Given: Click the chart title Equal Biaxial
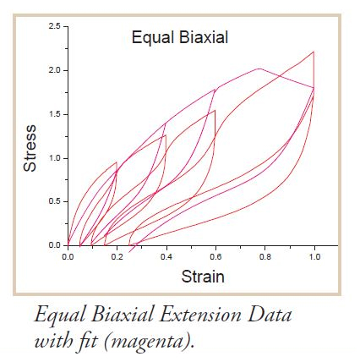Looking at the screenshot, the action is (x=180, y=38).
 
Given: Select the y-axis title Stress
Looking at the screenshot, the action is (x=30, y=148).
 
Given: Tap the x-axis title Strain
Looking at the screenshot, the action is (x=203, y=277).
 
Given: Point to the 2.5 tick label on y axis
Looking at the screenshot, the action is (x=55, y=26).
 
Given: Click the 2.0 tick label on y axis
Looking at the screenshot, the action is (x=55, y=70).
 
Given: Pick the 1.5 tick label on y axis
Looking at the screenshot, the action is (x=55, y=114).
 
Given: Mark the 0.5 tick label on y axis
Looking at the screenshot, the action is (x=55, y=202).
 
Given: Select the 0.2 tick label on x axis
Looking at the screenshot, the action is (x=117, y=257).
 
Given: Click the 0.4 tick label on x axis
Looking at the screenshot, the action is (x=166, y=257).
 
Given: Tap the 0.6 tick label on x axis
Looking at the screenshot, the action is (x=215, y=257).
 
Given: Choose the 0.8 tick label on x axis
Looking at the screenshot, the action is (x=265, y=257).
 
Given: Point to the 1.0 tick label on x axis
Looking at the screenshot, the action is (x=314, y=257).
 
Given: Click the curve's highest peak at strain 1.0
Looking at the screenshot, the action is (x=314, y=52).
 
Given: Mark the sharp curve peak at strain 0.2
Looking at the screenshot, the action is (x=117, y=162).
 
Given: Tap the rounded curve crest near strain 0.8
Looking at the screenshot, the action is (x=259, y=69).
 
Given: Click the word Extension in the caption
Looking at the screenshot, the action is (x=199, y=315).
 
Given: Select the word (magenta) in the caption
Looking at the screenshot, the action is (x=150, y=342).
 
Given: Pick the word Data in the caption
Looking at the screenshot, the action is (x=270, y=315).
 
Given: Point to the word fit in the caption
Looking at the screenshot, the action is (x=86, y=341).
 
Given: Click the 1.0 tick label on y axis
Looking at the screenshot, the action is (x=55, y=158).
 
